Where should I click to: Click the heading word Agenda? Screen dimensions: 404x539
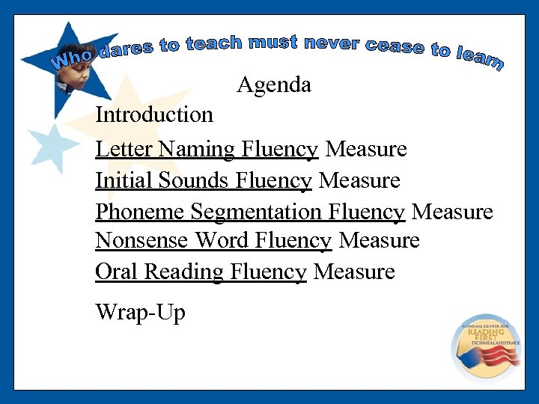pos(274,85)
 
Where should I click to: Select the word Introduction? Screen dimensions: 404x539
pos(154,115)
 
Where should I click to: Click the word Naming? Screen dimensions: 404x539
pos(190,150)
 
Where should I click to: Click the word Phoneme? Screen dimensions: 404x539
pos(140,212)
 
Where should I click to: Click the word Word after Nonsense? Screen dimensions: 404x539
pos(222,241)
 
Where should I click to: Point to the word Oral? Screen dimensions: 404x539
pos(117,272)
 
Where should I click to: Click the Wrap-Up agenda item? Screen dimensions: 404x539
pos(140,312)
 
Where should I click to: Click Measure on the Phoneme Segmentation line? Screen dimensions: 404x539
pos(452,212)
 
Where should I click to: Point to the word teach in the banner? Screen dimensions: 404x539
pos(214,43)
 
